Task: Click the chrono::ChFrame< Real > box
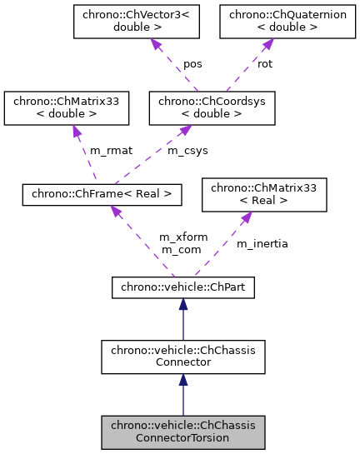click(x=102, y=193)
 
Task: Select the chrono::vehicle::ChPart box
click(x=182, y=288)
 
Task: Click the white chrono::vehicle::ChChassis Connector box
click(x=182, y=356)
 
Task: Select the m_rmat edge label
click(x=107, y=151)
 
